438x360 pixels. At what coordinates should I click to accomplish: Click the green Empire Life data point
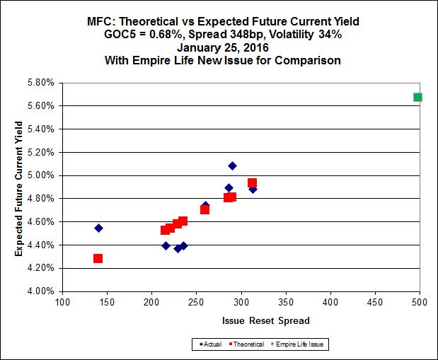(417, 97)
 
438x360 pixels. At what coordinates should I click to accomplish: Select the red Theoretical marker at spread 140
(98, 258)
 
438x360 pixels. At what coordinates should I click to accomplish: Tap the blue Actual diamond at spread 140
(98, 228)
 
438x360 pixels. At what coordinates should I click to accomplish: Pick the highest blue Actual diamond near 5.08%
(232, 166)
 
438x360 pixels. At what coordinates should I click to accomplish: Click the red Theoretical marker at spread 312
(252, 183)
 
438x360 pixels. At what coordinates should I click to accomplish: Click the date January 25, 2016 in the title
(219, 47)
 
